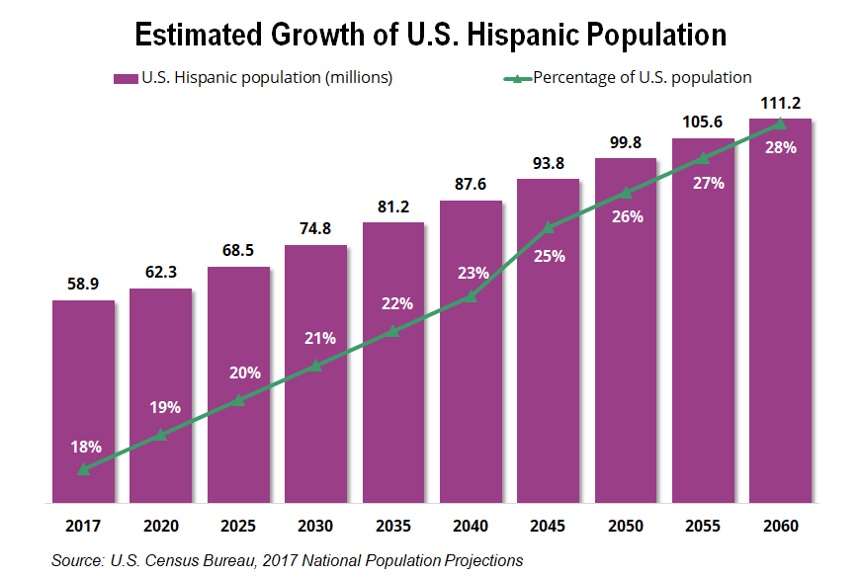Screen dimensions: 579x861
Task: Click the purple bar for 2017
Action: coord(83,395)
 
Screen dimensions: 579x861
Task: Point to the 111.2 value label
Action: coord(781,103)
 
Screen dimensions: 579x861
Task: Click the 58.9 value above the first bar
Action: coord(83,284)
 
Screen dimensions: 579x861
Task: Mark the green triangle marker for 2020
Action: coord(161,435)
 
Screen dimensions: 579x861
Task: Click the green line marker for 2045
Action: coord(549,228)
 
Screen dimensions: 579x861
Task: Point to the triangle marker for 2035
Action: coord(393,332)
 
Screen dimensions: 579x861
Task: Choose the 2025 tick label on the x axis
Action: coord(238,526)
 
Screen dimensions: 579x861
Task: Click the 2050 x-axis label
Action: coord(626,526)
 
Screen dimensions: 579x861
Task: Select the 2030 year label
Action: coord(316,526)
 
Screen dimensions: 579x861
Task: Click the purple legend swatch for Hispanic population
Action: coord(126,78)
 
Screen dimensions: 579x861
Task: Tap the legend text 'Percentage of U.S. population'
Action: coord(643,77)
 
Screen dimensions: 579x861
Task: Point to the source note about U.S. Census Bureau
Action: coord(287,560)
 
